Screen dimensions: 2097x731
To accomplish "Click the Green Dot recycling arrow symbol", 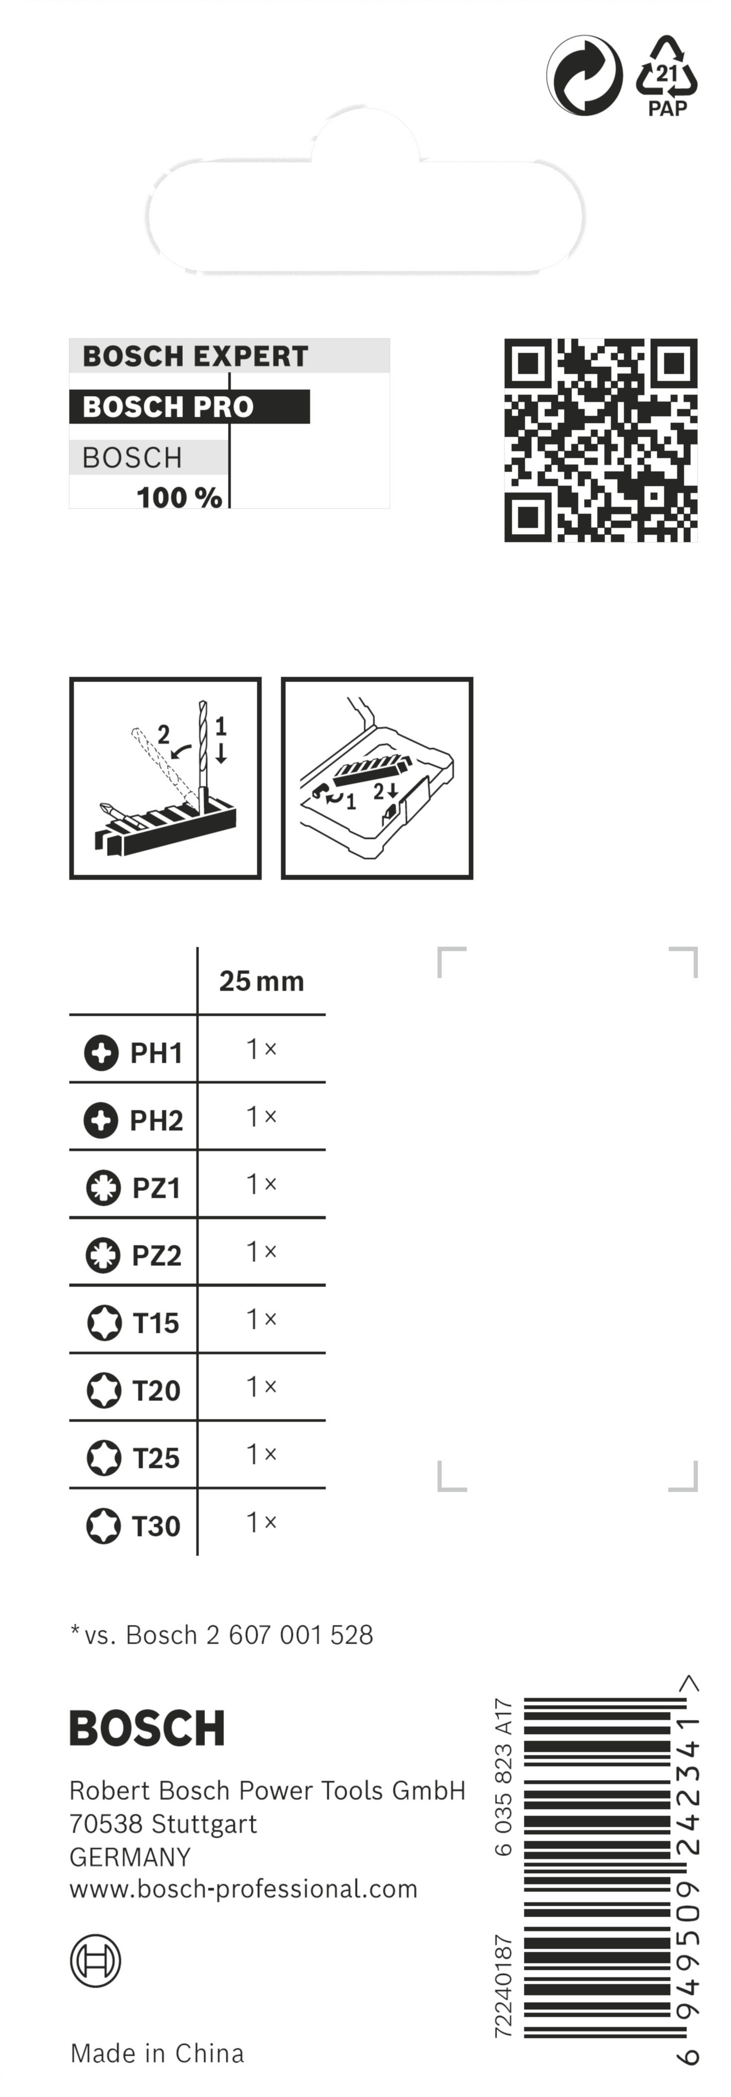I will click(x=584, y=76).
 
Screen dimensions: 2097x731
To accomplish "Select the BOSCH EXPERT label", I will click(x=195, y=356).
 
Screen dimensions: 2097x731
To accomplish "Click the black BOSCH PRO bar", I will click(x=189, y=406).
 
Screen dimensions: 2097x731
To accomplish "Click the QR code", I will click(x=601, y=439).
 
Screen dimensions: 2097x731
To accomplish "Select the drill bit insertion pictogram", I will click(x=165, y=777).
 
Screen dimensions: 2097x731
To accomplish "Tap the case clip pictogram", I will click(x=377, y=777).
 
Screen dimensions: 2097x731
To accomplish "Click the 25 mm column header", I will click(x=261, y=981).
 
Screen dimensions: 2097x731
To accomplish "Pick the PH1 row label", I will click(x=155, y=1053).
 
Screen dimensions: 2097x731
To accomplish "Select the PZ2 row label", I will click(x=156, y=1255).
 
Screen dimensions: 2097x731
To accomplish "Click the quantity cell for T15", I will click(x=261, y=1319).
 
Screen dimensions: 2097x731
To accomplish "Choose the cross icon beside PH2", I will click(x=101, y=1120).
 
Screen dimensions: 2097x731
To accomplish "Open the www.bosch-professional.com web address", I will click(x=243, y=1888).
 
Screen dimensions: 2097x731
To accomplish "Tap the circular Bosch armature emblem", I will click(x=95, y=1960).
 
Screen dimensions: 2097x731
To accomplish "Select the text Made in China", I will click(x=157, y=2053).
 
